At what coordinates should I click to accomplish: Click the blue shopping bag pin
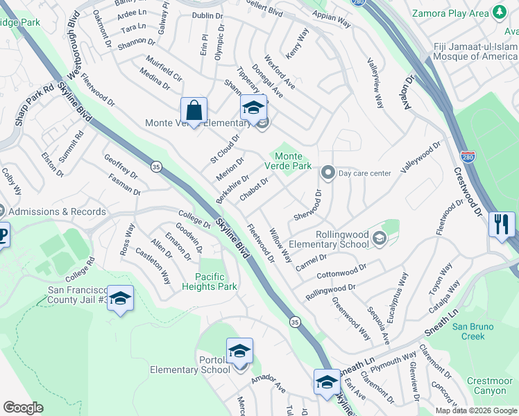click(194, 111)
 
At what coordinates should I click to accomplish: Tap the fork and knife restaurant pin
click(500, 225)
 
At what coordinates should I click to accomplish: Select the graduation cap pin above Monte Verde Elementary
click(253, 108)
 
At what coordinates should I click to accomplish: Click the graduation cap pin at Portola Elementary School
click(239, 352)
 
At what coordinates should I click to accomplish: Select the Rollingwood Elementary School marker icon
click(379, 239)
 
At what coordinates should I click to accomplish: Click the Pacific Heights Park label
click(219, 281)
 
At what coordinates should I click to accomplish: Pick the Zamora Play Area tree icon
click(499, 12)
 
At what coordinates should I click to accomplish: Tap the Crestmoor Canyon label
click(489, 385)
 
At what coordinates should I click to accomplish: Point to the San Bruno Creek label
click(473, 331)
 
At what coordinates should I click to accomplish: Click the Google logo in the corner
click(24, 408)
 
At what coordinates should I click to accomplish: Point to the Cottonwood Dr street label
click(341, 270)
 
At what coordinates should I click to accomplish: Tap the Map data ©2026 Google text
click(475, 410)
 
